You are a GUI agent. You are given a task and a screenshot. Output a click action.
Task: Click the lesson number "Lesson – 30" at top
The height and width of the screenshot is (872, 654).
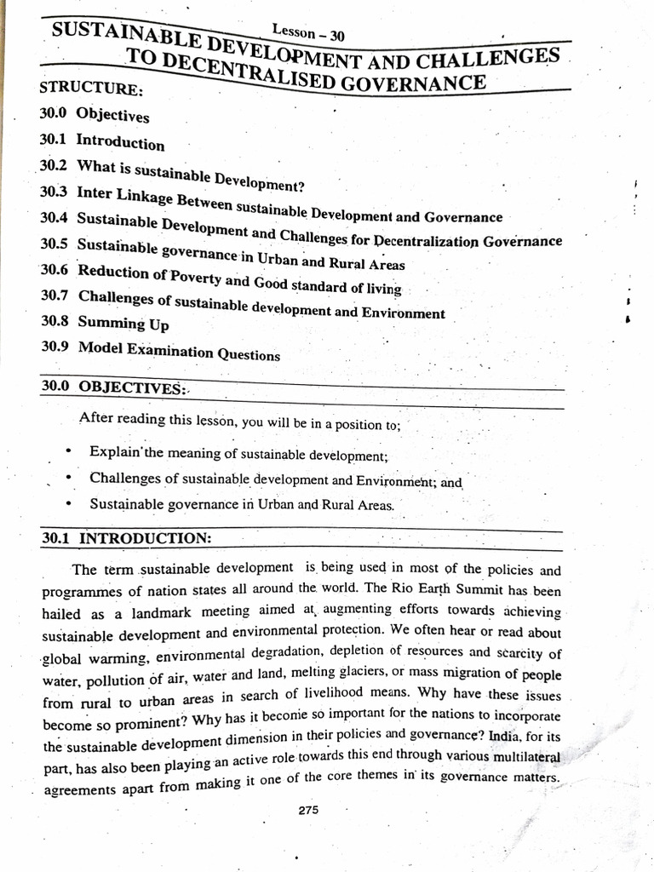pyautogui.click(x=307, y=33)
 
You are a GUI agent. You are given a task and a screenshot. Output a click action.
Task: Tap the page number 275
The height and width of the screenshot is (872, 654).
pyautogui.click(x=308, y=811)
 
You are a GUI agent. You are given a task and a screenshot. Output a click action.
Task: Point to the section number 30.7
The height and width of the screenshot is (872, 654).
pyautogui.click(x=56, y=295)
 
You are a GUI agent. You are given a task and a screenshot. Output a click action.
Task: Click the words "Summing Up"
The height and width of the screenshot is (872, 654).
pyautogui.click(x=123, y=324)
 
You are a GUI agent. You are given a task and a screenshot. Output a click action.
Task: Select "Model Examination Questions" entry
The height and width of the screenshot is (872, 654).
pyautogui.click(x=179, y=351)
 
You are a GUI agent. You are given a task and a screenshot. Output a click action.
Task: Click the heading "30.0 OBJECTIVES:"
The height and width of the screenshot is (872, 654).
pyautogui.click(x=113, y=387)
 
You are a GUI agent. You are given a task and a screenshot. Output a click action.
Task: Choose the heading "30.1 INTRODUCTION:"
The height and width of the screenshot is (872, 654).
pyautogui.click(x=125, y=538)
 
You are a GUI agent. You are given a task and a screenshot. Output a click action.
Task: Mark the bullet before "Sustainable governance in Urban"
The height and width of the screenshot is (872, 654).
pyautogui.click(x=68, y=503)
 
